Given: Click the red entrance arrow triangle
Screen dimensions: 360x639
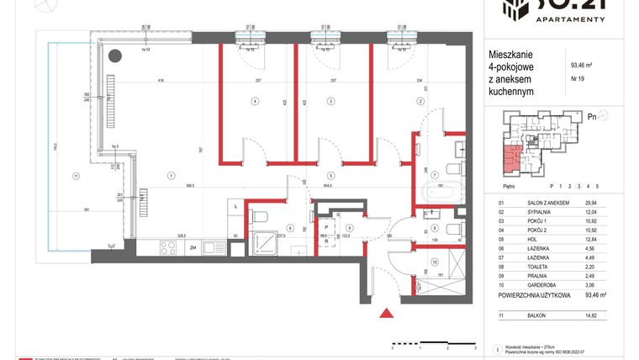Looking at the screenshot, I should (x=386, y=314).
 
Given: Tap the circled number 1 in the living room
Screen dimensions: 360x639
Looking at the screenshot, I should (x=171, y=175).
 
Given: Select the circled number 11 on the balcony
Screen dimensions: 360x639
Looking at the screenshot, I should (x=75, y=175).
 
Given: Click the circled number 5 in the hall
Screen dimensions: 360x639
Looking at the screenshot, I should (x=331, y=175).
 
